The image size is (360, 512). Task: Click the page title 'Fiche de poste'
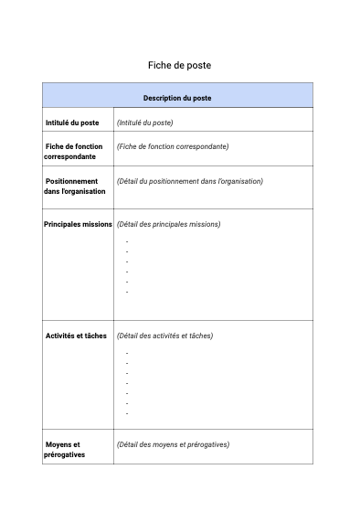(x=179, y=66)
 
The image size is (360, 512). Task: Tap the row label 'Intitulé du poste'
(x=72, y=123)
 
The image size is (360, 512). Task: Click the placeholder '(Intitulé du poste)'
(x=144, y=123)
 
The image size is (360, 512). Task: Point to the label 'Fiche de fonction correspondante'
(x=73, y=151)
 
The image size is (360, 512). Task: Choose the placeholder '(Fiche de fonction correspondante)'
(x=172, y=146)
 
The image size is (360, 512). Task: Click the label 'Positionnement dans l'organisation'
(x=74, y=186)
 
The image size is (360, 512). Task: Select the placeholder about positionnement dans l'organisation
(x=189, y=181)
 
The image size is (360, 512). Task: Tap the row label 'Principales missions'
(x=78, y=224)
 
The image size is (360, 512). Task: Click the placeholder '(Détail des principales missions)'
(x=168, y=224)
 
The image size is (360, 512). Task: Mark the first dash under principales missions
(x=127, y=241)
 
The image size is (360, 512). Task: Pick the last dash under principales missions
(x=127, y=292)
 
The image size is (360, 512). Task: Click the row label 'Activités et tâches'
(x=76, y=336)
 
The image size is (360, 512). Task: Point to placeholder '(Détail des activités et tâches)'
(x=164, y=336)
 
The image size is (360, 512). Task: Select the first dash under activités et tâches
(x=127, y=353)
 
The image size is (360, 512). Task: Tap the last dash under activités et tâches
(x=127, y=413)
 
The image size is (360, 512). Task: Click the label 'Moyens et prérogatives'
(x=64, y=449)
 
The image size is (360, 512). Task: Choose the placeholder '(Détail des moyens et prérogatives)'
(x=173, y=444)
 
